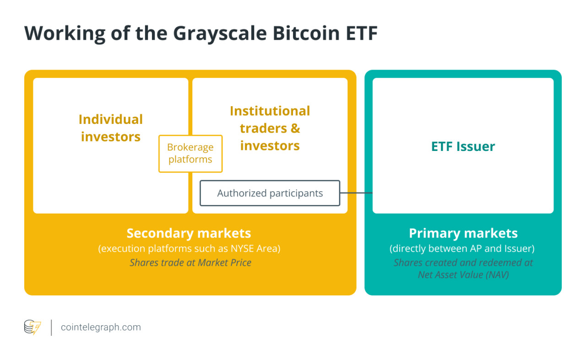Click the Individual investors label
coord(111,128)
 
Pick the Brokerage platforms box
coord(190,154)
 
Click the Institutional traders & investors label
coord(270,128)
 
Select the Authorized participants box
coord(270,193)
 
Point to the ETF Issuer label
coord(463,146)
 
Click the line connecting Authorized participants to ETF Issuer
coord(356,193)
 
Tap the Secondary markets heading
coord(189,233)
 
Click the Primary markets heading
coord(463,233)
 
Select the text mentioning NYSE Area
coord(189,249)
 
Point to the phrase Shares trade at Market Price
coord(190,263)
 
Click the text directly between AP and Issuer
coord(462,249)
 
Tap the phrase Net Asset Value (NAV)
coord(463,274)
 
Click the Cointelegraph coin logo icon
coord(33,327)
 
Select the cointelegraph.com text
coord(101,328)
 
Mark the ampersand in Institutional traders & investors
coord(295,129)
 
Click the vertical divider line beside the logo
coord(51,328)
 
